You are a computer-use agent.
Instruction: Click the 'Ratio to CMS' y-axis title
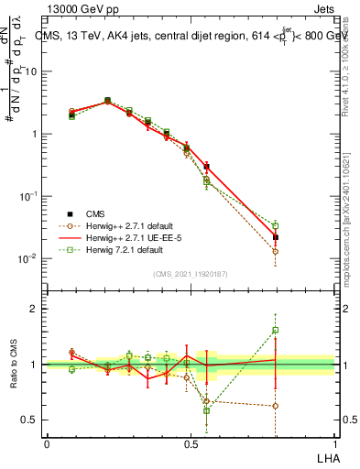coord(14,366)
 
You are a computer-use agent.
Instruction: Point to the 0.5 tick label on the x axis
coord(191,443)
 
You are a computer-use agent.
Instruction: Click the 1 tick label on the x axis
coord(334,443)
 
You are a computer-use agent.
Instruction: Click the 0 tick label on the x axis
coord(47,443)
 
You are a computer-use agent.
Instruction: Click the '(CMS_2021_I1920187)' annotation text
coord(191,272)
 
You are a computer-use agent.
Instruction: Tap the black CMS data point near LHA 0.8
coord(275,237)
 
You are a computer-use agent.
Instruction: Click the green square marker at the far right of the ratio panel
coord(275,331)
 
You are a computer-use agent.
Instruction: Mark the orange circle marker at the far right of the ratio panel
coord(275,406)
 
